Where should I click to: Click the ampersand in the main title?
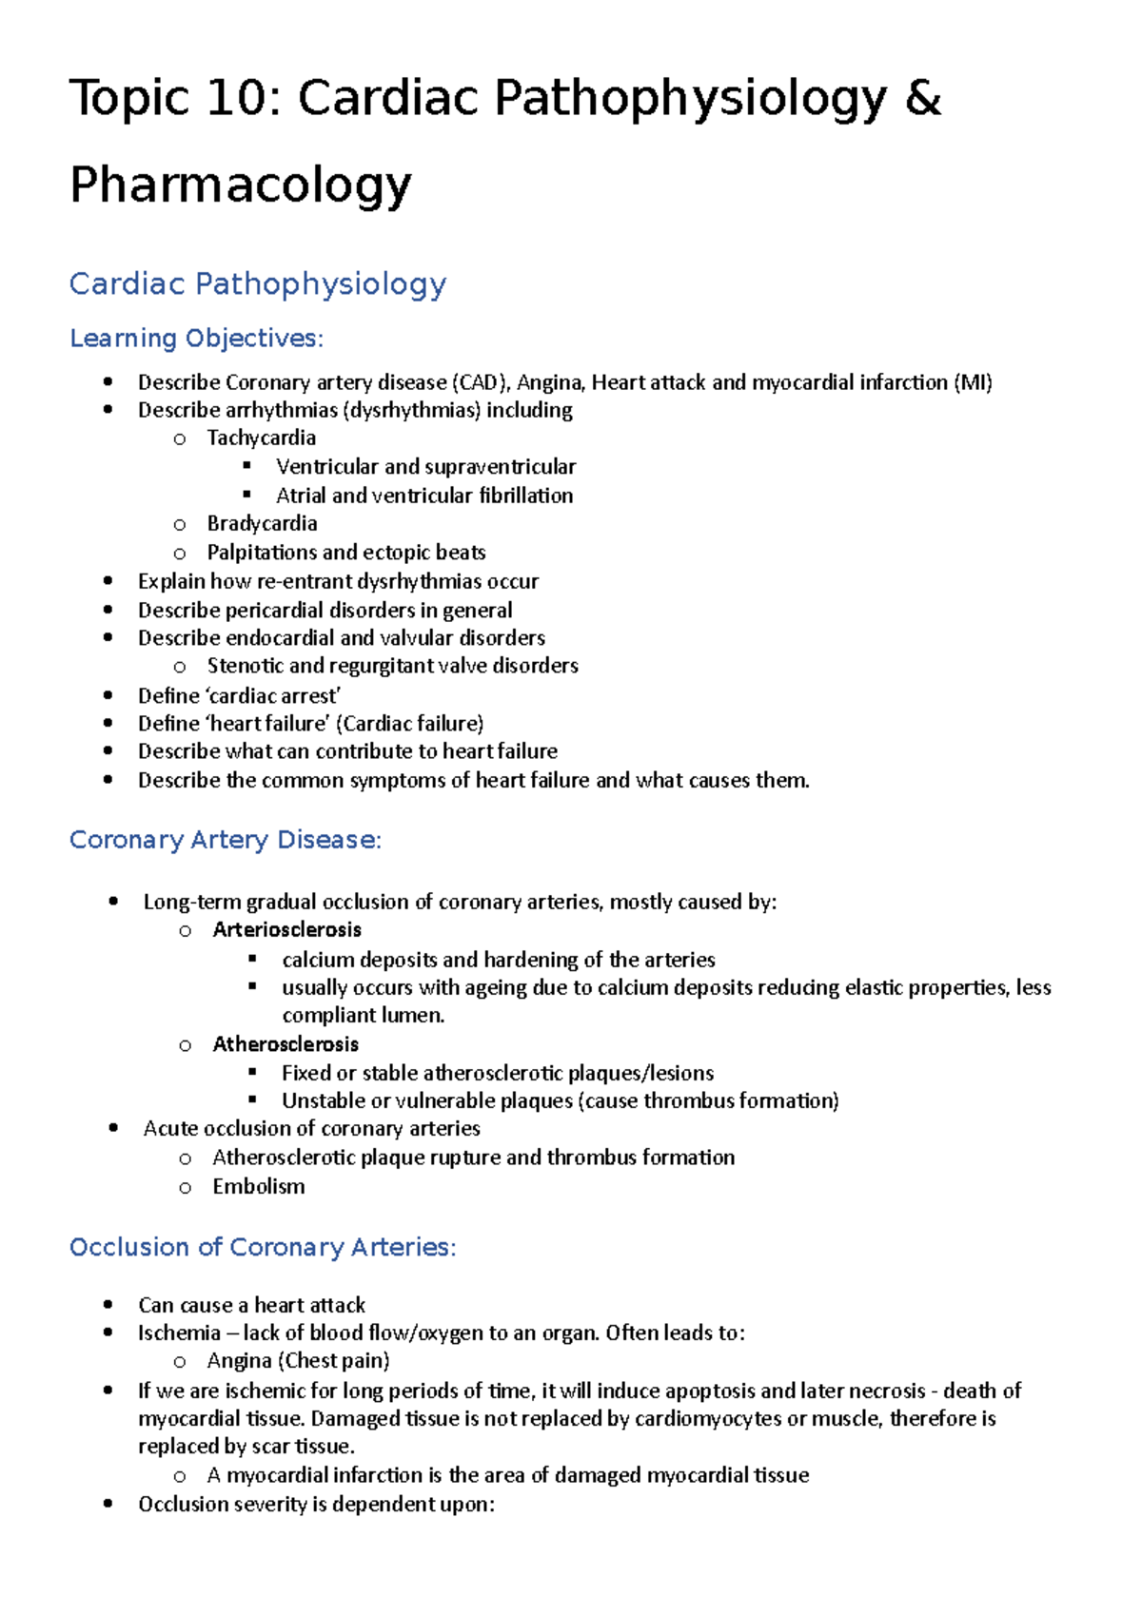(922, 99)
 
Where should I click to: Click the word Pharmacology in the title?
(241, 185)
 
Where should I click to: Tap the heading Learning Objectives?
(197, 339)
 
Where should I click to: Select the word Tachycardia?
(261, 438)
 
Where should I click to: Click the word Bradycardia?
(262, 523)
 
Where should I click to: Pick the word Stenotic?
(245, 666)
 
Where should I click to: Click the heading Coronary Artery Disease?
(226, 840)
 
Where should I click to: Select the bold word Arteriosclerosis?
(286, 930)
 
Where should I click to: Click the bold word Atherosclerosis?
(285, 1044)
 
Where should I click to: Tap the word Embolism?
(259, 1187)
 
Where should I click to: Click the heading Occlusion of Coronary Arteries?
(263, 1247)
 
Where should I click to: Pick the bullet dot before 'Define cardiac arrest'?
(108, 695)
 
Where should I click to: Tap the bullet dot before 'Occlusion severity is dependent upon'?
(108, 1504)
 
